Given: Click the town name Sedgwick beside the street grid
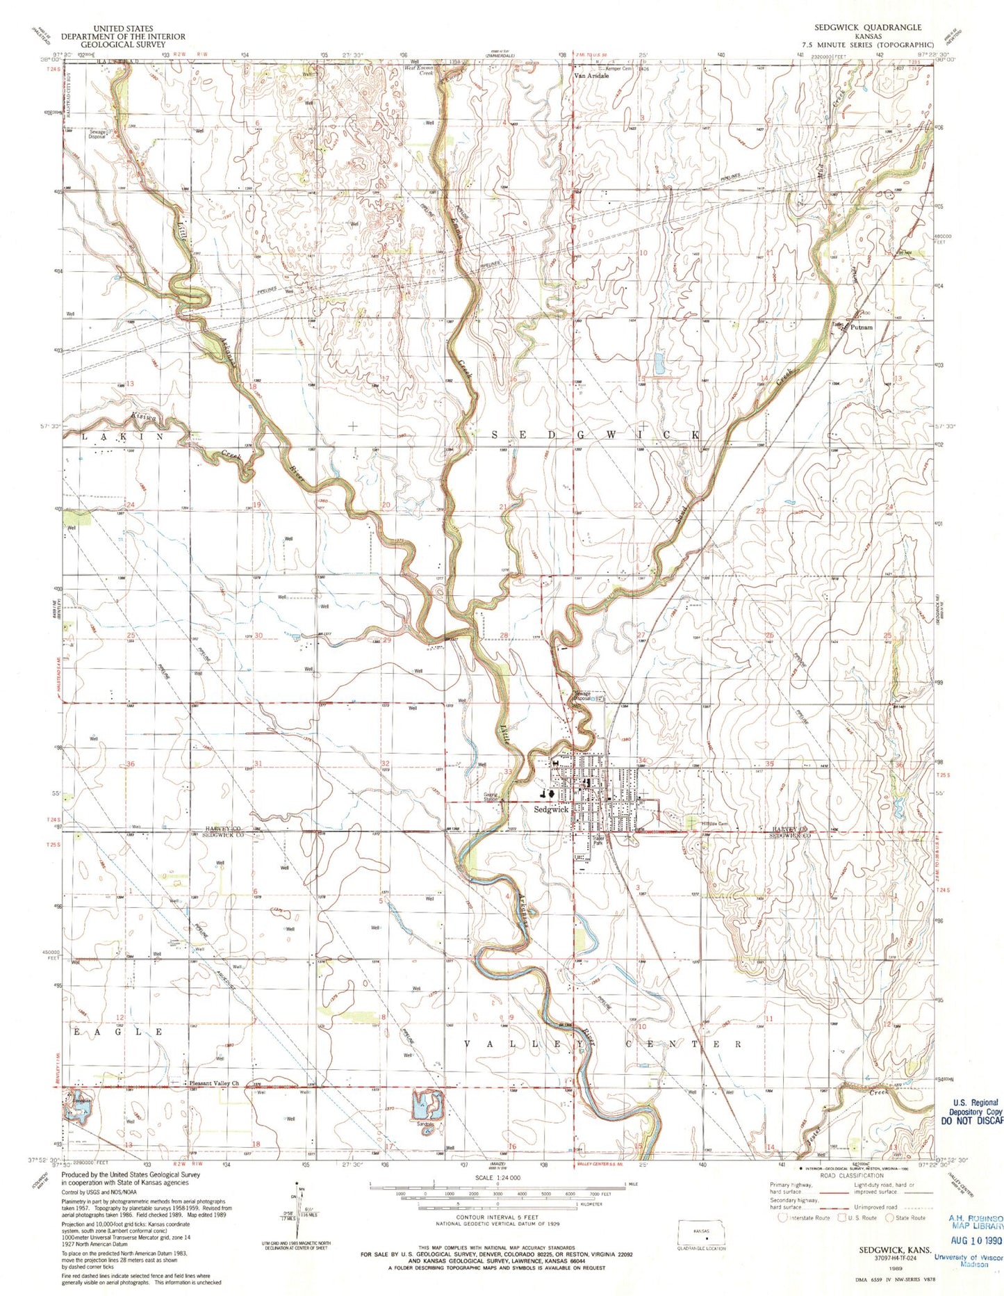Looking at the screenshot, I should pyautogui.click(x=551, y=809).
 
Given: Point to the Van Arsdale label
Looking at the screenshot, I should pyautogui.click(x=591, y=76).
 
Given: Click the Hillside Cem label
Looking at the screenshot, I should pyautogui.click(x=714, y=824).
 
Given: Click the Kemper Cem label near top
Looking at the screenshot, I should pyautogui.click(x=620, y=69).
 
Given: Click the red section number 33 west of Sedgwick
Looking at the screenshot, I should pyautogui.click(x=509, y=772).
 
